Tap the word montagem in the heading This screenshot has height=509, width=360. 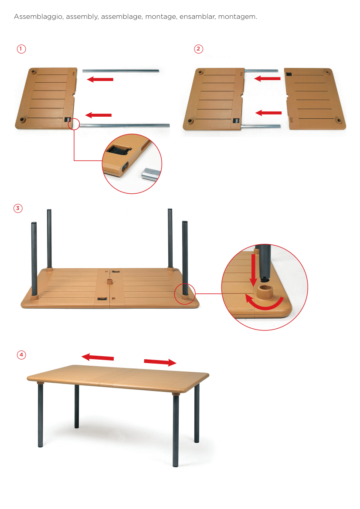pos(237,17)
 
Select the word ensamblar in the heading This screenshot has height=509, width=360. pos(197,17)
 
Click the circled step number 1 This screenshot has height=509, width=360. pos(21,49)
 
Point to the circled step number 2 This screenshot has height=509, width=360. pos(198,49)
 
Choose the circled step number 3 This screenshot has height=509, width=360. pos(18,208)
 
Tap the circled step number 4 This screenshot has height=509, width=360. pos(21,355)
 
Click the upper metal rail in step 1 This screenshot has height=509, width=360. pos(121,71)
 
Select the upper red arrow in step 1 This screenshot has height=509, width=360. pos(100,79)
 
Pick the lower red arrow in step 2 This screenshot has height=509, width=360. pos(268,113)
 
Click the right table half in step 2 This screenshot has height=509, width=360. pos(315,99)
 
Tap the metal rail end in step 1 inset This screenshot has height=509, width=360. pos(151,174)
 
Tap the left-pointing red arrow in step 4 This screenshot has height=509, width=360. pos(98,357)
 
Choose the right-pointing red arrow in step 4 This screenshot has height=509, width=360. pos(160,362)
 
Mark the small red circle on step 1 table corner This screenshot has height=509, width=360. pos(74,124)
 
